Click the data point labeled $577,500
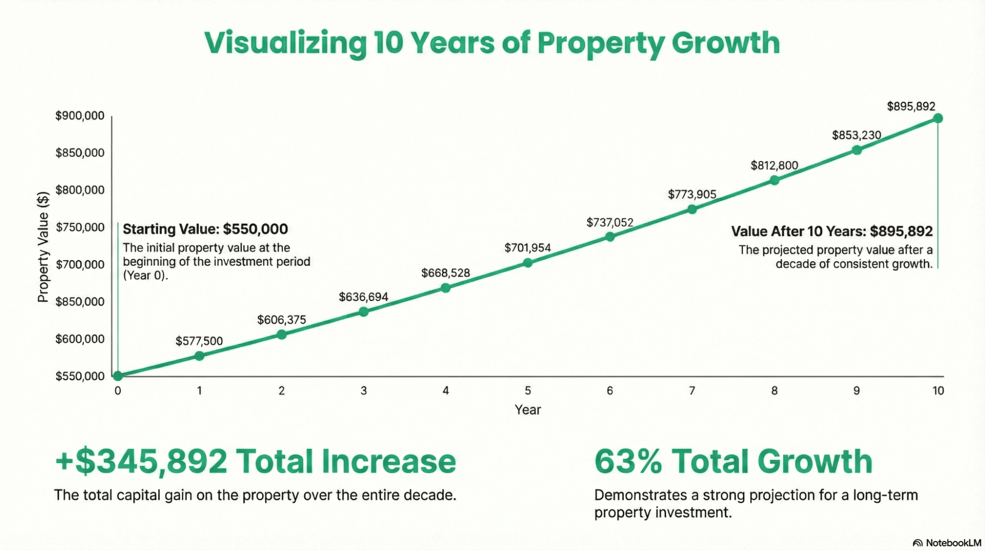[199, 356]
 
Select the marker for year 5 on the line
[528, 263]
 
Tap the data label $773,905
[692, 194]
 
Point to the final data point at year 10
[938, 118]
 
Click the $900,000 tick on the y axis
[80, 116]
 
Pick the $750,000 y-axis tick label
[80, 227]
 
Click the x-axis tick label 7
[692, 391]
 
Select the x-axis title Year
[528, 410]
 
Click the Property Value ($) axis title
[43, 246]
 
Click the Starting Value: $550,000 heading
[205, 229]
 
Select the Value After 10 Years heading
[831, 231]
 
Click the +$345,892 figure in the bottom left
[141, 461]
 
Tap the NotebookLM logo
[947, 543]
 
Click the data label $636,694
[363, 297]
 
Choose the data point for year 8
[774, 180]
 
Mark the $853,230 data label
[856, 135]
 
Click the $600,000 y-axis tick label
[80, 339]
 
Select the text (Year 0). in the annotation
[145, 275]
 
